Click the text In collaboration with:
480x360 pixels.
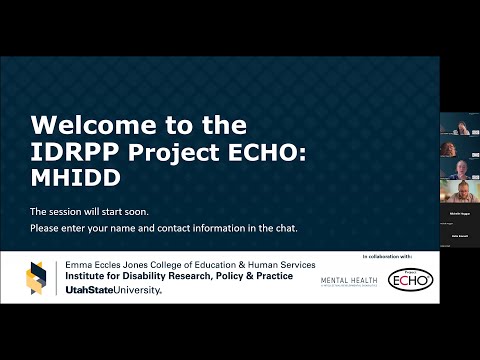click(385, 258)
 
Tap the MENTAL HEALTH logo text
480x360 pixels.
click(349, 281)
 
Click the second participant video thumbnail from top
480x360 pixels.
click(459, 147)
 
